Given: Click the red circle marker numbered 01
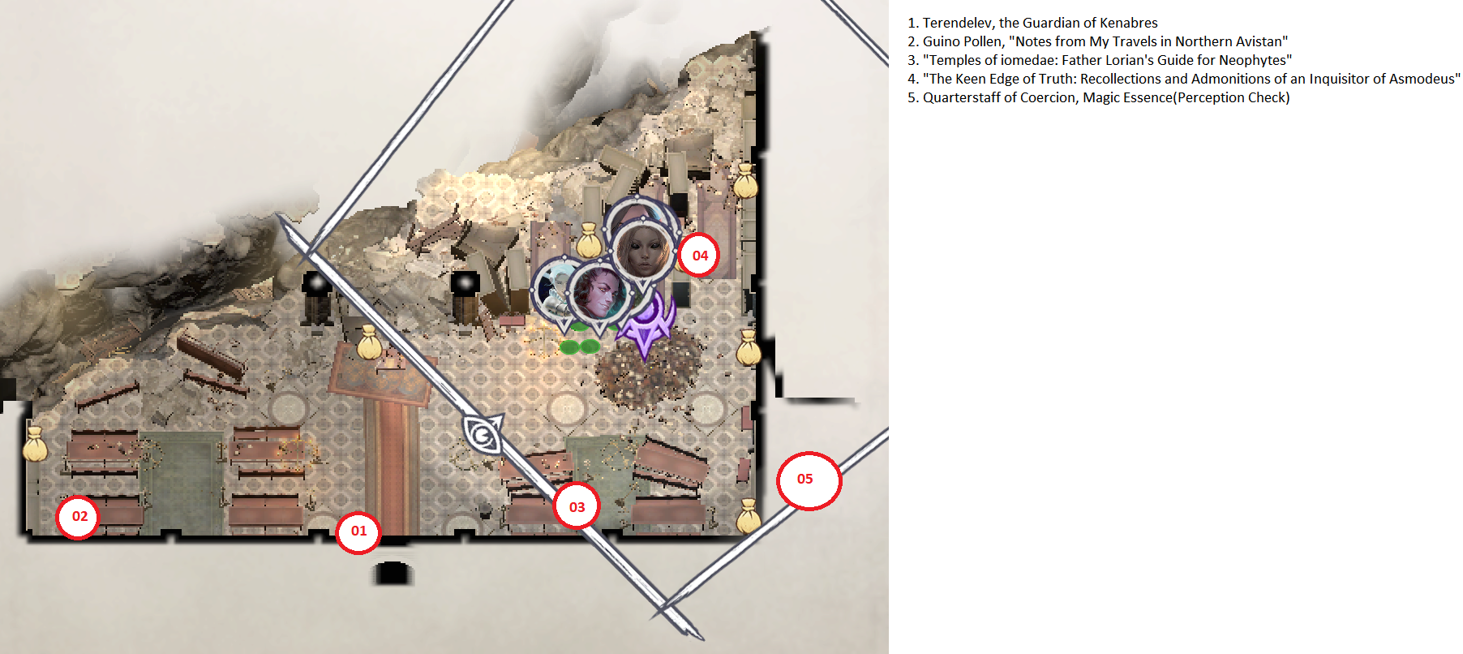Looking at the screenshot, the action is [x=358, y=532].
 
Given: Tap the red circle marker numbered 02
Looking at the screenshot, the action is [x=79, y=517].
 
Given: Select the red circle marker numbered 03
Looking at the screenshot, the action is [x=577, y=507].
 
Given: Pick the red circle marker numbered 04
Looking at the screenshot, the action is [x=700, y=256].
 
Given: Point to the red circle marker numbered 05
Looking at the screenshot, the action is [x=808, y=480].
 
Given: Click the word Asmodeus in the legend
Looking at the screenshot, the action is [x=1422, y=79].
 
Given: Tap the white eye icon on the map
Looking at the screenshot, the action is [x=483, y=433].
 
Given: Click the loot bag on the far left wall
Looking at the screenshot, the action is [x=35, y=445].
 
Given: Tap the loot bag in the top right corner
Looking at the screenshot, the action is [x=745, y=182].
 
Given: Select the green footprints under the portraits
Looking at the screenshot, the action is [x=579, y=346].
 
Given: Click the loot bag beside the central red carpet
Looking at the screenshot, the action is [x=370, y=343].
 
